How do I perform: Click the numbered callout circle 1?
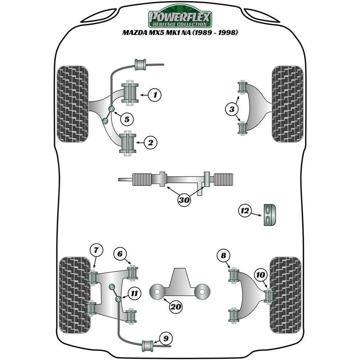pyautogui.click(x=155, y=94)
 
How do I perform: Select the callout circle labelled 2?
pyautogui.click(x=150, y=143)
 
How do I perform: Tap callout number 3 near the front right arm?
pyautogui.click(x=232, y=109)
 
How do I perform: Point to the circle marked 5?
pyautogui.click(x=127, y=119)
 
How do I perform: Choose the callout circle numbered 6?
pyautogui.click(x=120, y=254)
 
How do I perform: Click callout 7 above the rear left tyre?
pyautogui.click(x=96, y=250)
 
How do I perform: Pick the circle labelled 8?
pyautogui.click(x=223, y=255)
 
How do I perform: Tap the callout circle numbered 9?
pyautogui.click(x=166, y=338)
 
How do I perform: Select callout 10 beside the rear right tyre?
pyautogui.click(x=261, y=274)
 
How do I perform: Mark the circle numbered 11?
pyautogui.click(x=134, y=293)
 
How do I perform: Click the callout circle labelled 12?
pyautogui.click(x=245, y=211)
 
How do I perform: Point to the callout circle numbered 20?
pyautogui.click(x=175, y=306)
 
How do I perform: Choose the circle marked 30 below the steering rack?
pyautogui.click(x=184, y=200)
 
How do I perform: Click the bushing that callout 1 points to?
pyautogui.click(x=130, y=93)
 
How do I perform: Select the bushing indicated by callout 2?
pyautogui.click(x=127, y=143)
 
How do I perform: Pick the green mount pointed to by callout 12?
pyautogui.click(x=270, y=215)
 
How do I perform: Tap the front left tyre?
pyautogui.click(x=72, y=104)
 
